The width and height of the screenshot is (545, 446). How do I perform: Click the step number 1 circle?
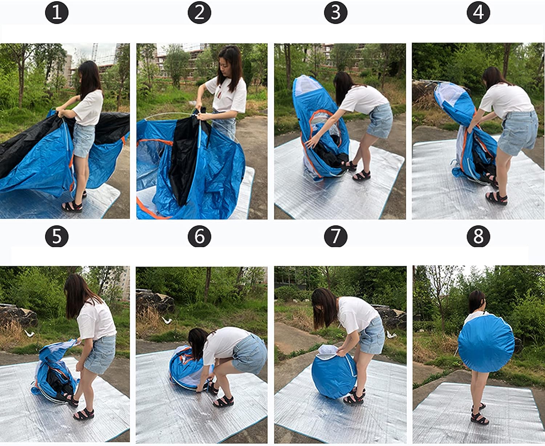pyautogui.click(x=57, y=12)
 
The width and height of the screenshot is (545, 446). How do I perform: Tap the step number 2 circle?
pyautogui.click(x=199, y=12)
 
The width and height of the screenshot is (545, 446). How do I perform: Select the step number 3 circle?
pyautogui.click(x=335, y=12)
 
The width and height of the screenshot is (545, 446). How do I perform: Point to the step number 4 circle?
pyautogui.click(x=479, y=12)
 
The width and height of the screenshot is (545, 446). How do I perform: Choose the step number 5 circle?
pyautogui.click(x=57, y=236)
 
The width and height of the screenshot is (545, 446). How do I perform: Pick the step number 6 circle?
pyautogui.click(x=199, y=236)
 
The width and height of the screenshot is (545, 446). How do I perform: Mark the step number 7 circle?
pyautogui.click(x=335, y=236)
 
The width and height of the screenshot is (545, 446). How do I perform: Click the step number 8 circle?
pyautogui.click(x=479, y=236)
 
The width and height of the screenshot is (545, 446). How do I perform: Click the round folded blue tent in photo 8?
pyautogui.click(x=487, y=343)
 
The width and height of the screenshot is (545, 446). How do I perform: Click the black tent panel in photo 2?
pyautogui.click(x=187, y=155)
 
